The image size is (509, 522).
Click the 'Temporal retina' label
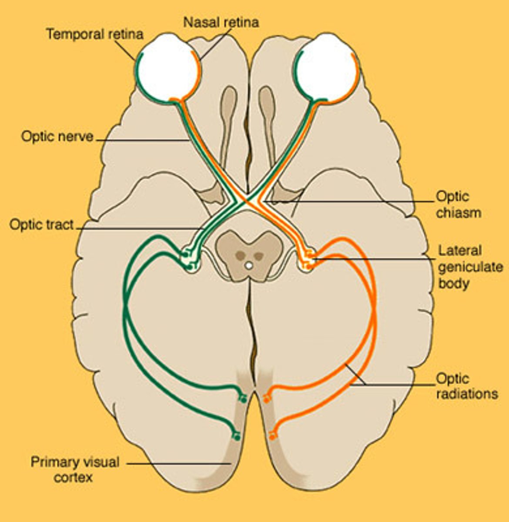[94, 34]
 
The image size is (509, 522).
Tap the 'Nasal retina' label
[221, 22]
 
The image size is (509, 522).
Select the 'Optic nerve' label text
[57, 136]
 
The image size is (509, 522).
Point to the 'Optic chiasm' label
[459, 204]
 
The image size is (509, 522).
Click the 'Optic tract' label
[42, 224]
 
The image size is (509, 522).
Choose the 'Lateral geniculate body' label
[470, 267]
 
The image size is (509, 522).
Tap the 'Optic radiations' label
[467, 386]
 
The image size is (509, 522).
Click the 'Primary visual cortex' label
[75, 469]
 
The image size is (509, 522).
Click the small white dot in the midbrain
[248, 264]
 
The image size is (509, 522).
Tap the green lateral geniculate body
[190, 259]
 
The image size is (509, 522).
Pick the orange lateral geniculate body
[307, 259]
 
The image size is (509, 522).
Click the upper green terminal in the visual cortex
[242, 397]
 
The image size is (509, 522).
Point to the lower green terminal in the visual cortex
[236, 435]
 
